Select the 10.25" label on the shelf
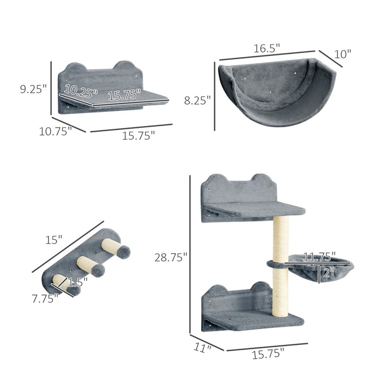click(x=81, y=89)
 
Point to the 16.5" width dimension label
click(x=267, y=48)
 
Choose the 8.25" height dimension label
click(x=198, y=100)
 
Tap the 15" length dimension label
click(x=54, y=240)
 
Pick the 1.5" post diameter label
click(x=77, y=283)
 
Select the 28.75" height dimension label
click(x=171, y=257)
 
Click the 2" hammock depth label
click(x=327, y=272)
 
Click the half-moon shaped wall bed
click(x=276, y=92)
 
